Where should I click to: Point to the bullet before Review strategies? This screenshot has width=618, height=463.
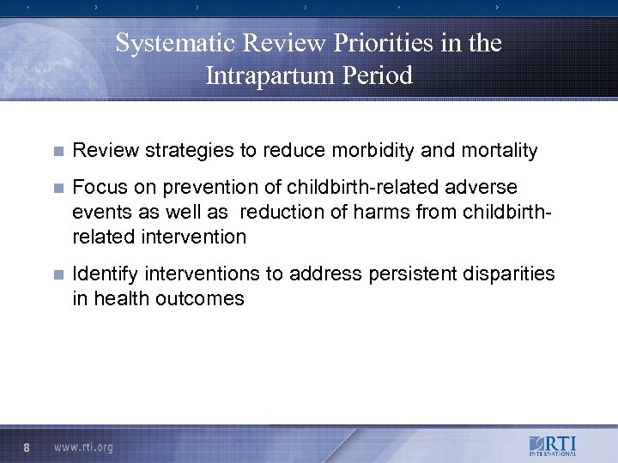point(58,152)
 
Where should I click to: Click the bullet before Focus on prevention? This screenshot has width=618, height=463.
point(58,187)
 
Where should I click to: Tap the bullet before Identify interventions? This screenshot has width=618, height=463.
point(58,275)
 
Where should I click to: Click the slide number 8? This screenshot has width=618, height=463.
point(28,447)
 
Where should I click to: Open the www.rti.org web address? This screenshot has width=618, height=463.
point(83,447)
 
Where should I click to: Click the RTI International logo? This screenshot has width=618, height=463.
point(554,447)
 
